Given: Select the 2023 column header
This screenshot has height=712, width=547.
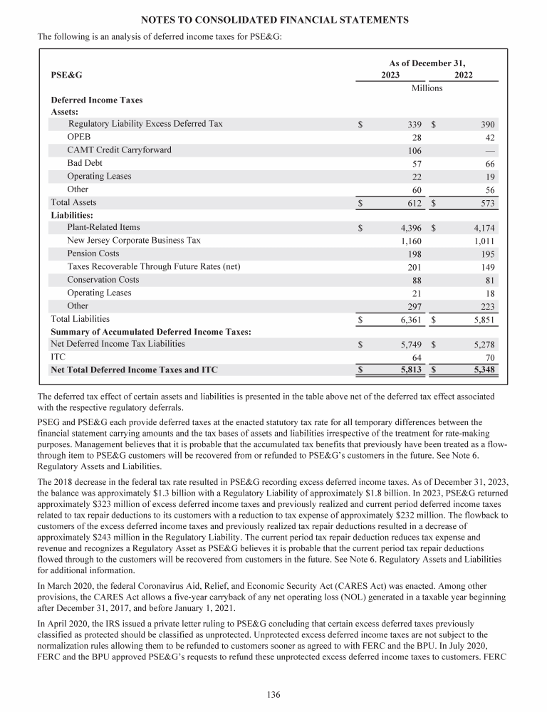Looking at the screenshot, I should click(390, 75).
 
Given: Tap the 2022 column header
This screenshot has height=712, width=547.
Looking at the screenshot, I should click(463, 75).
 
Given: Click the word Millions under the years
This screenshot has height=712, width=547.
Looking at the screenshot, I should click(427, 88).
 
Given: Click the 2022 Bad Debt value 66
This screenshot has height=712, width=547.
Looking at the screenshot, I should click(488, 164).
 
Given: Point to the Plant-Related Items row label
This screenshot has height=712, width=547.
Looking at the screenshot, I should click(103, 228).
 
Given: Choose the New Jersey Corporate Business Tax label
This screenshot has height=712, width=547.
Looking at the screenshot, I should click(134, 241).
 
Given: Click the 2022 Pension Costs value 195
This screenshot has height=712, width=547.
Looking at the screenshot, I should click(487, 254).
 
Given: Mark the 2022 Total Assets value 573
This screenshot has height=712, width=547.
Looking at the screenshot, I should click(487, 203).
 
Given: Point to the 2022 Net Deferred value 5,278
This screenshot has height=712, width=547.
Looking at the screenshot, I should click(482, 345).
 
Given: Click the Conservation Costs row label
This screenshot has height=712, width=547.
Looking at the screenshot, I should click(103, 280).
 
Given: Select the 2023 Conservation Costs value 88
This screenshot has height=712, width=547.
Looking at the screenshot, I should click(416, 281).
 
